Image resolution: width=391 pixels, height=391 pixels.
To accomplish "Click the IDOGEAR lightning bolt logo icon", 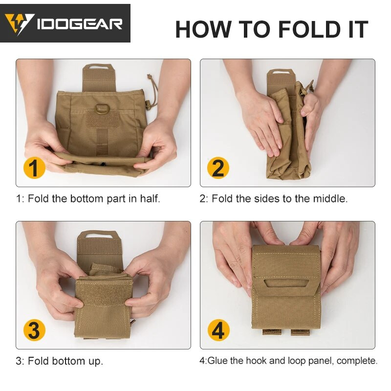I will click(x=20, y=23).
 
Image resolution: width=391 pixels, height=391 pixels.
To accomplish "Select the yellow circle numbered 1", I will click(x=34, y=168).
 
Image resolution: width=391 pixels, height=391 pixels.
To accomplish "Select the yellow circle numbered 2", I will click(x=218, y=168).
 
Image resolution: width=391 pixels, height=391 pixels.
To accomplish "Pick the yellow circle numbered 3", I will click(x=34, y=330).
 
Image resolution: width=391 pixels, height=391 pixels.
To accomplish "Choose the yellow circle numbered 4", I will click(x=218, y=330).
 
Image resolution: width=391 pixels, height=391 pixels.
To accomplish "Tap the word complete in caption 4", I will click(x=360, y=361).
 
